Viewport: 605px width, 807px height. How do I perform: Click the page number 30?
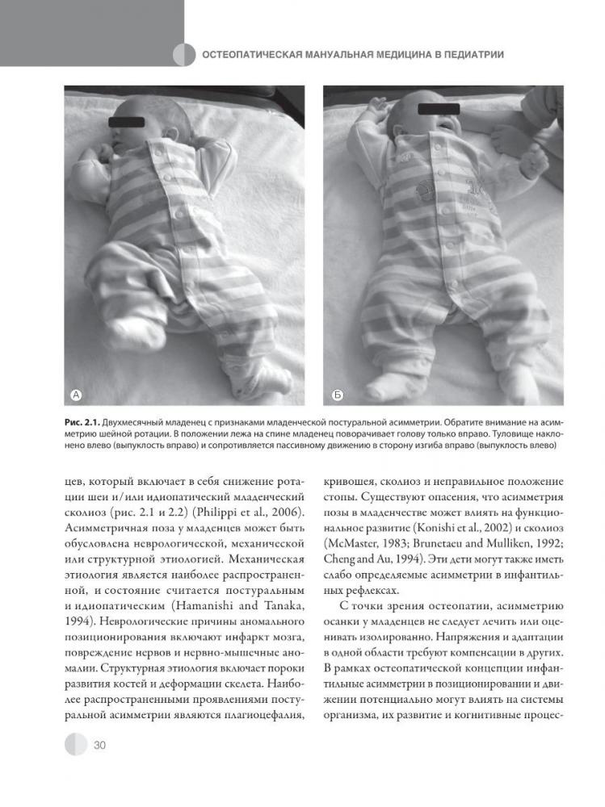99,744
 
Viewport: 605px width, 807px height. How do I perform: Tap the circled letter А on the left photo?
77,395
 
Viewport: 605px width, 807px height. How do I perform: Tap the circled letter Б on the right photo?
338,395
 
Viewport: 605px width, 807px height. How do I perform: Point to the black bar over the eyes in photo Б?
439,108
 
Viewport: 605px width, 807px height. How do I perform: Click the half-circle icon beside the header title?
184,55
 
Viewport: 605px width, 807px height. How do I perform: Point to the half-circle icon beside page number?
75,744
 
